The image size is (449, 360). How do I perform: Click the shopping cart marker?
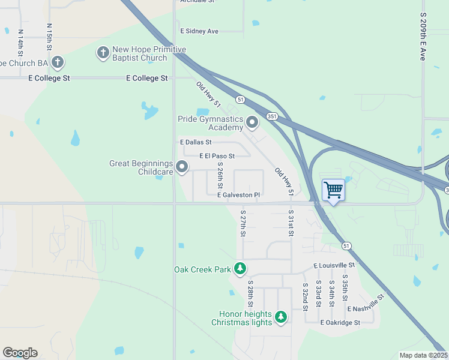click(333, 190)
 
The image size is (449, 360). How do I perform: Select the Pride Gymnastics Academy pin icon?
click(252, 123)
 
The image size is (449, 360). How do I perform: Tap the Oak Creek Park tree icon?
click(240, 268)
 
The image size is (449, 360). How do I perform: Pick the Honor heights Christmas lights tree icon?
click(280, 316)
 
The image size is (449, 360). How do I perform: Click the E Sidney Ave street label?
click(199, 31)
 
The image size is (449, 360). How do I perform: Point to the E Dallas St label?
click(196, 142)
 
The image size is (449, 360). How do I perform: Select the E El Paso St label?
click(216, 156)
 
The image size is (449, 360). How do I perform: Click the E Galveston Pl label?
click(238, 195)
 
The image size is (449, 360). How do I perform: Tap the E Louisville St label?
click(334, 265)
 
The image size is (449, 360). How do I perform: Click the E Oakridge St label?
click(340, 322)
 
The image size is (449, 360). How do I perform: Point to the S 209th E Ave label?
click(423, 36)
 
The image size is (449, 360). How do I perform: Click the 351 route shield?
click(272, 116)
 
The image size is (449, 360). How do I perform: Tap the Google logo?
click(20, 353)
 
